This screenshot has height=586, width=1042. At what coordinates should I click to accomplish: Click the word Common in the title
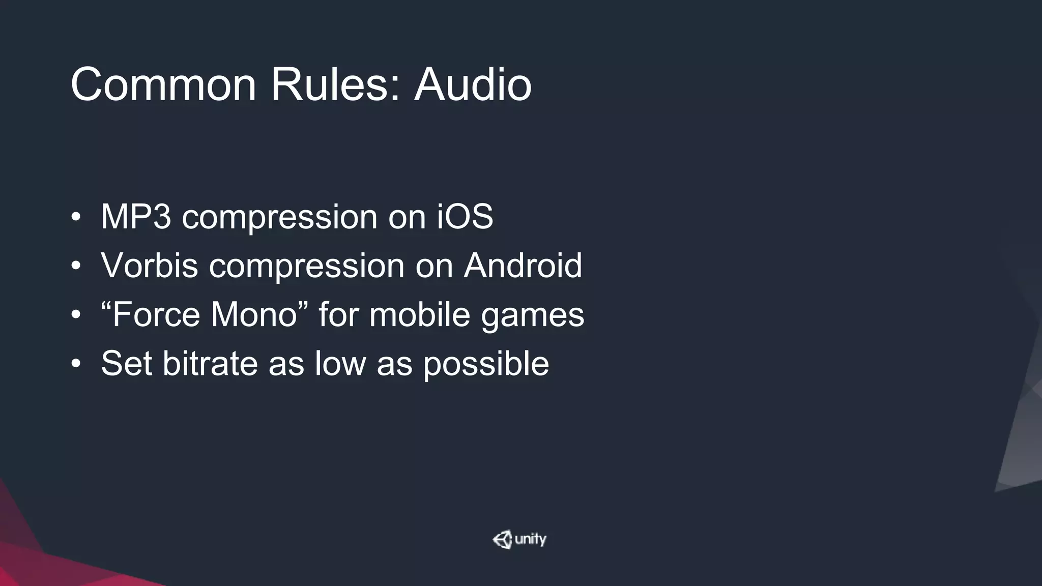coord(163,84)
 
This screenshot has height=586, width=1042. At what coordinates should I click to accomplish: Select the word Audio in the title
coord(473,84)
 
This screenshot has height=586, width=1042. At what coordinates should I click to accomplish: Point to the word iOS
coord(465,217)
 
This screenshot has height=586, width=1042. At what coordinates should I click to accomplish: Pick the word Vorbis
coord(149,266)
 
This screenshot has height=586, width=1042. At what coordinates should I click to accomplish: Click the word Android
coord(523,266)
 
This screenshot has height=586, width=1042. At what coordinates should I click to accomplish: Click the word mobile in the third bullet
coord(419,314)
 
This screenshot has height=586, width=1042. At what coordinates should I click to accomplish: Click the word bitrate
coord(210,363)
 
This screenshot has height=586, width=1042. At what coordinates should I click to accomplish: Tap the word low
coord(340,363)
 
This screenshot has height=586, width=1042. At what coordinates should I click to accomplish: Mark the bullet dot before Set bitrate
coord(76,364)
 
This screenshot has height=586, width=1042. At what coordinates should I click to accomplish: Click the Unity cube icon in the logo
coord(502,540)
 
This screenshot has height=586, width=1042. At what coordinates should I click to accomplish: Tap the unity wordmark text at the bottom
coord(530,539)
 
